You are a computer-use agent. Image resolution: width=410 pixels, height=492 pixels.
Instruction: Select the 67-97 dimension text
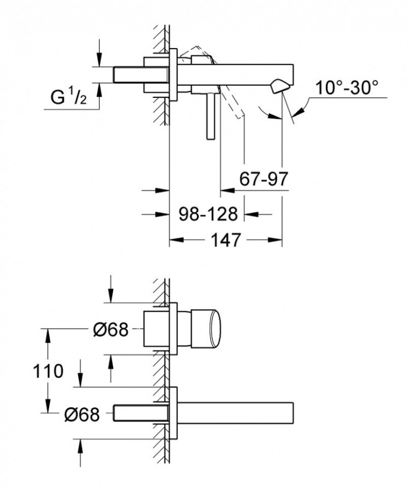click(x=263, y=179)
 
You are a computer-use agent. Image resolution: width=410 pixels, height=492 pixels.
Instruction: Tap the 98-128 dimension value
click(x=209, y=214)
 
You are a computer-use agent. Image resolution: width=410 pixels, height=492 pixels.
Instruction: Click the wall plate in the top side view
click(x=173, y=74)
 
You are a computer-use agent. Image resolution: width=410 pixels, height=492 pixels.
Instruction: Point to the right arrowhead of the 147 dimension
click(x=276, y=239)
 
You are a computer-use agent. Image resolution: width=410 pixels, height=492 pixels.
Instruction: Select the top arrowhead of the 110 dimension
click(x=48, y=333)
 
